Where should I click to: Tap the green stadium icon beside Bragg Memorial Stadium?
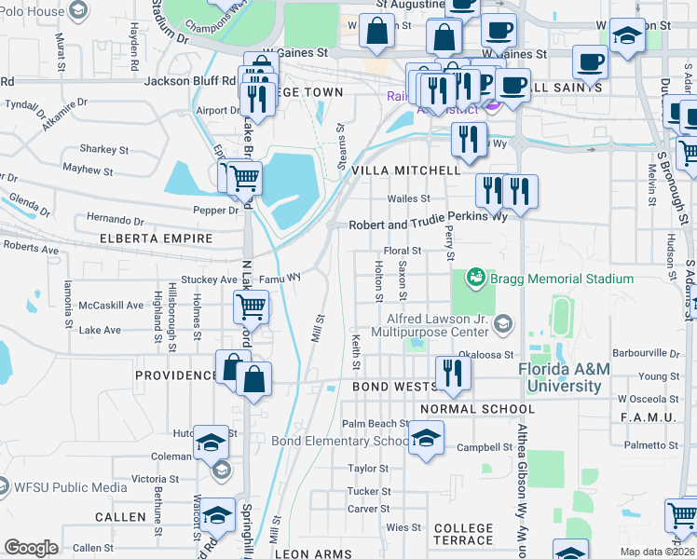point(476,278)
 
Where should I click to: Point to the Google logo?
point(31,548)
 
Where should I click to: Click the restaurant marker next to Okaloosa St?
point(453,373)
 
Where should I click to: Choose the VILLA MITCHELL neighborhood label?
point(404,170)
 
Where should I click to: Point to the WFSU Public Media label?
point(71,486)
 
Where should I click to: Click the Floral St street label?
point(403,251)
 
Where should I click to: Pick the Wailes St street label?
point(409,198)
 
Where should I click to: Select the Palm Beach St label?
point(376,423)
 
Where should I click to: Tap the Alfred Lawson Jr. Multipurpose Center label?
point(430,324)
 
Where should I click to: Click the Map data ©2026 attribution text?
point(657,552)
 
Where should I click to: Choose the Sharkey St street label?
point(104,149)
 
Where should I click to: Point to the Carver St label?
point(368,509)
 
